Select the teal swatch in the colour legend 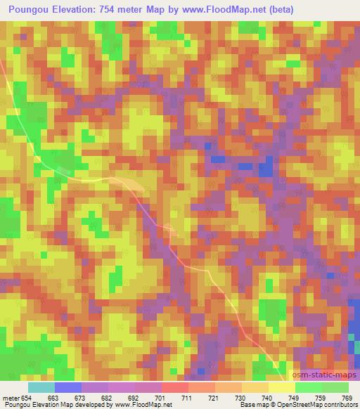(41, 387)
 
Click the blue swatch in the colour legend (68, 387)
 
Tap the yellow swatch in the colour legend (282, 387)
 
